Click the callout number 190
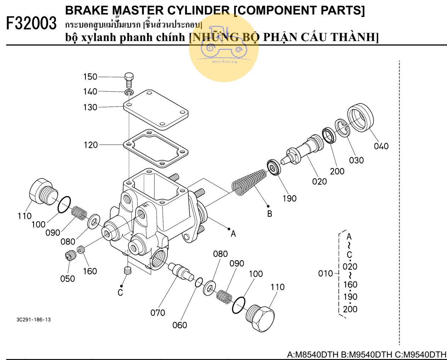289,199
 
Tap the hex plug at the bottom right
260,318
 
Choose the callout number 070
158,313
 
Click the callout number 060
180,325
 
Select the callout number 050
67,279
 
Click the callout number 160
90,271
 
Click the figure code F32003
32,24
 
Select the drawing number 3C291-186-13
33,320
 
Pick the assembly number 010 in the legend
326,273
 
